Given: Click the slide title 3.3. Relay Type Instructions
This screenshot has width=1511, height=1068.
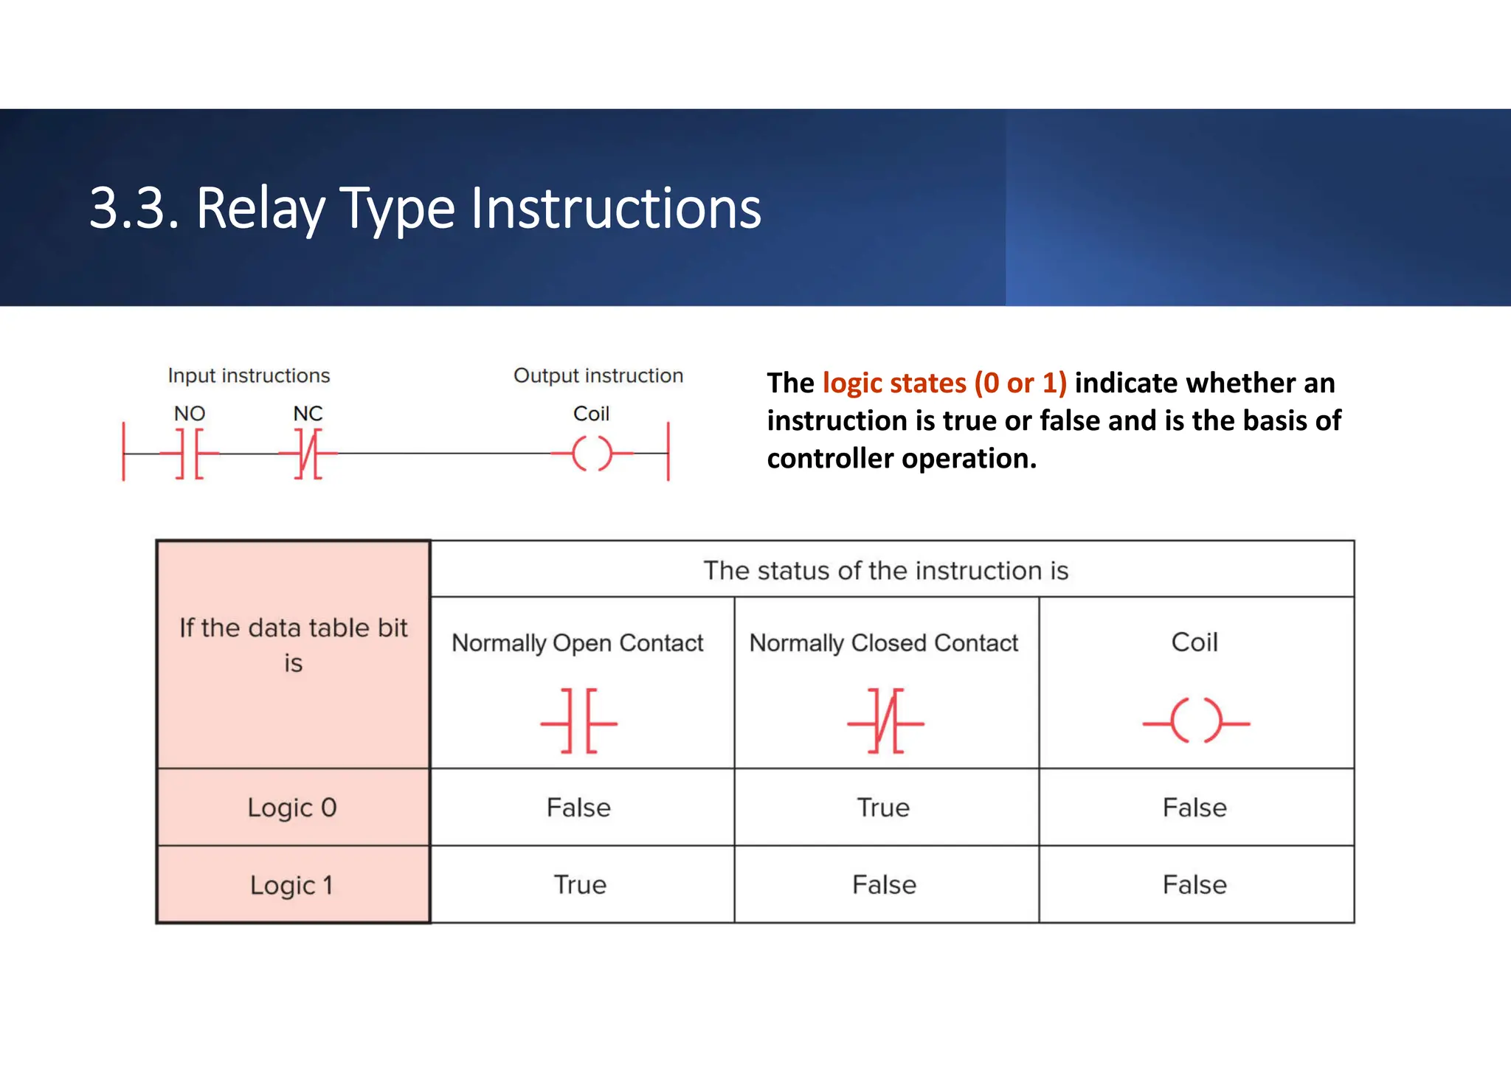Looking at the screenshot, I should pyautogui.click(x=425, y=209).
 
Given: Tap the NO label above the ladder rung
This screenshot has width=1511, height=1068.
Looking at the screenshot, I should pyautogui.click(x=189, y=414).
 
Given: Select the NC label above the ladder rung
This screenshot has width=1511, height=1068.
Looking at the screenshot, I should pyautogui.click(x=308, y=414).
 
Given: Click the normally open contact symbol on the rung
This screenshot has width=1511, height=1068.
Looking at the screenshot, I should pyautogui.click(x=190, y=454).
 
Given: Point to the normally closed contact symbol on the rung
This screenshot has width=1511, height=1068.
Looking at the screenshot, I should pyautogui.click(x=308, y=454).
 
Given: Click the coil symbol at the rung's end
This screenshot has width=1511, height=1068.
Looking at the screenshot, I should pyautogui.click(x=592, y=454).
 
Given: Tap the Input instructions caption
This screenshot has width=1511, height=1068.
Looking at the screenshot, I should pyautogui.click(x=249, y=375).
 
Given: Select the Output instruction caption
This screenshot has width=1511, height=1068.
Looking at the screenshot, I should pyautogui.click(x=598, y=375).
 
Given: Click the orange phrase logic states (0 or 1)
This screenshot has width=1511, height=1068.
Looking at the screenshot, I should pyautogui.click(x=944, y=384).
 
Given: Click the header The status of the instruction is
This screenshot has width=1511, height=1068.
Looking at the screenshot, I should pyautogui.click(x=885, y=570).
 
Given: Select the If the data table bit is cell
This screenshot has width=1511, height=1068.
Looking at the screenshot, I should pyautogui.click(x=293, y=645).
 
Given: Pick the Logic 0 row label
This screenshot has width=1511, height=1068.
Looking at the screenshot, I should pyautogui.click(x=292, y=808).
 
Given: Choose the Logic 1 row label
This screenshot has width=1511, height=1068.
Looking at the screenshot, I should pyautogui.click(x=292, y=885).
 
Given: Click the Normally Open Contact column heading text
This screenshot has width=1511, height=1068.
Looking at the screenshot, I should pyautogui.click(x=578, y=643).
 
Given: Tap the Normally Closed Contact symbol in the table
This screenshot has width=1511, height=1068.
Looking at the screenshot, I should pyautogui.click(x=885, y=721).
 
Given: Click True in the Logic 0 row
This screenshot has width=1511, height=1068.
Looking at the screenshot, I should pyautogui.click(x=883, y=808).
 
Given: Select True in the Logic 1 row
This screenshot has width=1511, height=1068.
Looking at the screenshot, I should pyautogui.click(x=580, y=885).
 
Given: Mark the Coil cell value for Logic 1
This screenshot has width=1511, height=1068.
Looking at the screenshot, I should pyautogui.click(x=1194, y=885).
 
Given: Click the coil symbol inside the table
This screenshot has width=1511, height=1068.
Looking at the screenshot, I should pyautogui.click(x=1195, y=721).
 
